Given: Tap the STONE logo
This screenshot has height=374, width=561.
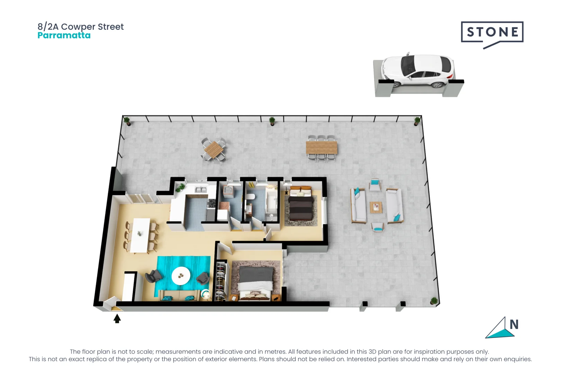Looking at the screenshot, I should pyautogui.click(x=492, y=32).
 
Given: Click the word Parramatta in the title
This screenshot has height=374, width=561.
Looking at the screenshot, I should pyautogui.click(x=64, y=35).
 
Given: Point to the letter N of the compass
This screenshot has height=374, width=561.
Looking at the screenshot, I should pyautogui.click(x=514, y=324).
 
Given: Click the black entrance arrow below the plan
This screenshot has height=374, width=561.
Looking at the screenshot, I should pyautogui.click(x=117, y=318).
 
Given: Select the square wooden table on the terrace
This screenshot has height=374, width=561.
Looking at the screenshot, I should pyautogui.click(x=214, y=150).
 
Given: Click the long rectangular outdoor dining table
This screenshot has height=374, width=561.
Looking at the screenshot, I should pyautogui.click(x=321, y=148).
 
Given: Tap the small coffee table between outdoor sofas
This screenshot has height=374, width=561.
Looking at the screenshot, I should pyautogui.click(x=376, y=207).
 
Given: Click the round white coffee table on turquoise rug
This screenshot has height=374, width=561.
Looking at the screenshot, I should pyautogui.click(x=181, y=276).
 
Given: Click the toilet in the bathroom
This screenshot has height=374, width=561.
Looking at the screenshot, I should pyautogui.click(x=251, y=197).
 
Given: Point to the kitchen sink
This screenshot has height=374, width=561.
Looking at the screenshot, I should pyautogui.click(x=201, y=189).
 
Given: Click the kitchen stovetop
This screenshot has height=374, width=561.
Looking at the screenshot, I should pyautogui.click(x=211, y=204).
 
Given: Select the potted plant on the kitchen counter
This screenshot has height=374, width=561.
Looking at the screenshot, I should pyautogui.click(x=180, y=188).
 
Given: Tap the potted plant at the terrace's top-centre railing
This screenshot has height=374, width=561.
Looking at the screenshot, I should pyautogui.click(x=272, y=121).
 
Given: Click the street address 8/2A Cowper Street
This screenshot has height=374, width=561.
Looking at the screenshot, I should pyautogui.click(x=80, y=27).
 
